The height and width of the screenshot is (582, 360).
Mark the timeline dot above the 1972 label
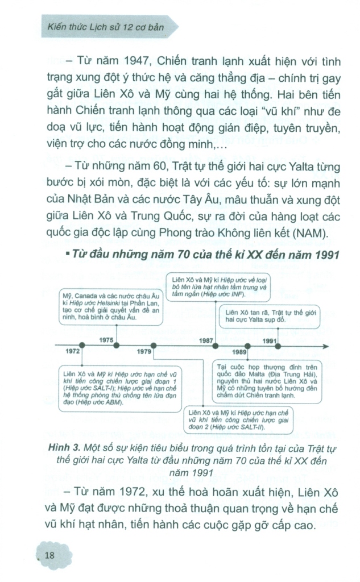pyautogui.click(x=82, y=345)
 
